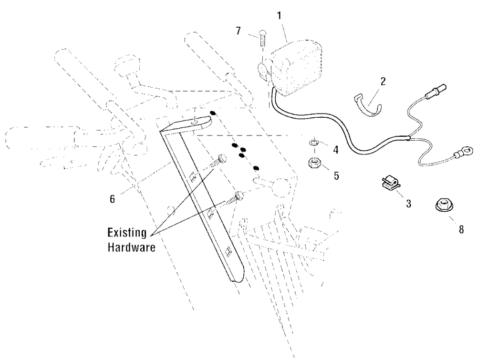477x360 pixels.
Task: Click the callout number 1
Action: pos(279,16)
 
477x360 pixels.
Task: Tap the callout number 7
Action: pos(238,31)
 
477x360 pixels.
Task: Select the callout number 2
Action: pos(383,81)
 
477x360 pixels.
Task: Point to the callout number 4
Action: pos(336,150)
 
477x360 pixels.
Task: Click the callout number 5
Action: pos(336,175)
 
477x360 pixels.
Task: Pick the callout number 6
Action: pos(113,199)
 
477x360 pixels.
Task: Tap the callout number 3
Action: pos(409,203)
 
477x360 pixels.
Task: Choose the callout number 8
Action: pos(461,229)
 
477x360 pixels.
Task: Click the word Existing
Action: pos(127,233)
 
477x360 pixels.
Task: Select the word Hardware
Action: pos(132,247)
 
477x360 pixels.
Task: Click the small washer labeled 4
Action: pos(313,142)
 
